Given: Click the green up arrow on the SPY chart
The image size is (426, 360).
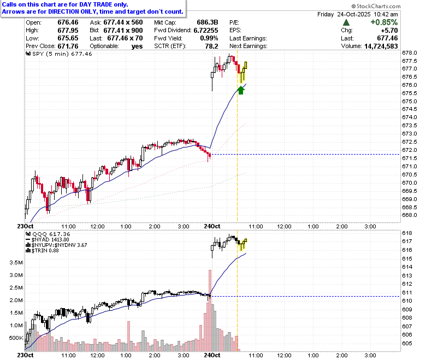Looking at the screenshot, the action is click(x=241, y=90).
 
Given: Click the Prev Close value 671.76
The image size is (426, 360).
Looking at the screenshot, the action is click(x=68, y=46).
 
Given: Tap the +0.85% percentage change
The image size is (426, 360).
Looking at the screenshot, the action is click(x=384, y=22).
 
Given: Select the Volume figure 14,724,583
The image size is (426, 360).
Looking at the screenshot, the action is click(x=381, y=46).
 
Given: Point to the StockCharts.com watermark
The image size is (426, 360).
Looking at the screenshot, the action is click(x=376, y=6).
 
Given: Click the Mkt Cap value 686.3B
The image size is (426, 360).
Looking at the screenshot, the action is click(x=208, y=22).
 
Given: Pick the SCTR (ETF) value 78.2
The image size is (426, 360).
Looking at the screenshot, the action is click(x=212, y=46).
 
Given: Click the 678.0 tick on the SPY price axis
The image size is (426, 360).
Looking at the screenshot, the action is click(x=410, y=52).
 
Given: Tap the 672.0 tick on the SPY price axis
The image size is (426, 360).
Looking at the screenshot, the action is click(x=410, y=150).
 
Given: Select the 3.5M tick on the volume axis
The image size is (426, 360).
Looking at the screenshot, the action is click(x=16, y=262).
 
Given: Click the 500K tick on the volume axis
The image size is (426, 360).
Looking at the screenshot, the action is click(x=16, y=338).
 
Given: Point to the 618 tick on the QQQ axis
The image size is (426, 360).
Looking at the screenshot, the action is click(x=407, y=233).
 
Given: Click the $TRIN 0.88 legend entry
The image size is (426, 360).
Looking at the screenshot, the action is click(x=43, y=251).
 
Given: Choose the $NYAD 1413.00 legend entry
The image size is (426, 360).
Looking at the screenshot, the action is click(x=48, y=240).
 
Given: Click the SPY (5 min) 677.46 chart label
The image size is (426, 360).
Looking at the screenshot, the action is click(x=59, y=54).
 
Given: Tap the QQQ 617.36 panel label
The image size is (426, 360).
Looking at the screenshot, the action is click(x=48, y=234).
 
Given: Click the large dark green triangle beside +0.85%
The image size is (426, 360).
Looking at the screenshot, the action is click(x=346, y=22).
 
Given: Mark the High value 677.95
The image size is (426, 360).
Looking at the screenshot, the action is click(x=68, y=30).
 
